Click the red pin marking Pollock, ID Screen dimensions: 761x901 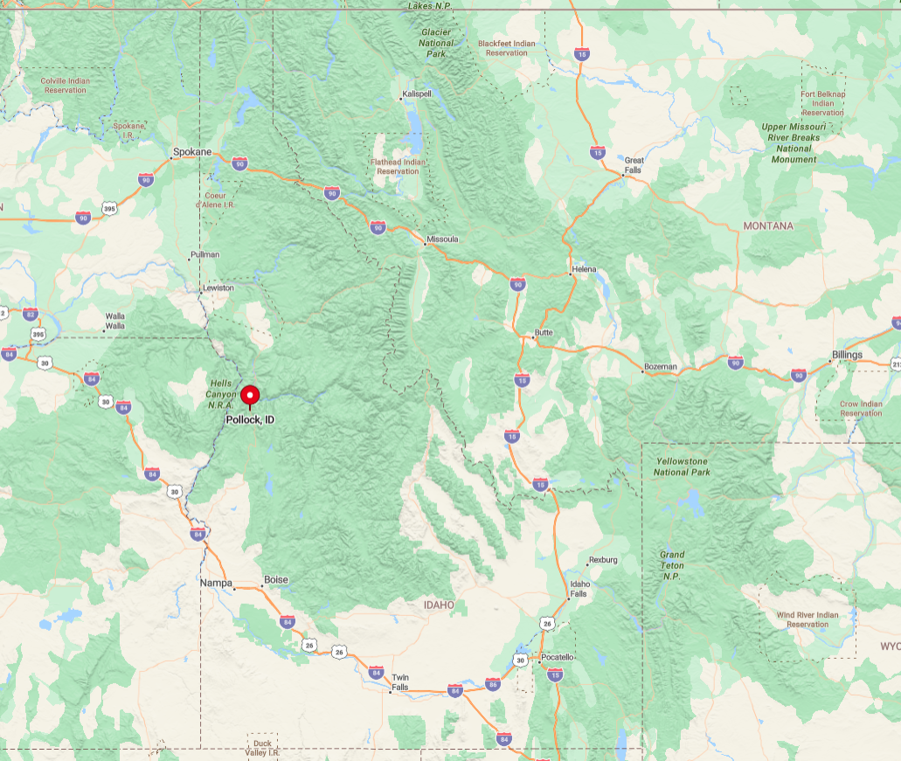click(251, 396)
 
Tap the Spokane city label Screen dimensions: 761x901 click(192, 152)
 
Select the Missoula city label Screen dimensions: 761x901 click(442, 239)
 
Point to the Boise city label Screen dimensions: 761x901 click(276, 580)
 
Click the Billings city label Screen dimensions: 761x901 click(847, 355)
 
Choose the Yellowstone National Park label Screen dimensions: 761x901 click(682, 467)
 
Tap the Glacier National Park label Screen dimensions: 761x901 click(436, 43)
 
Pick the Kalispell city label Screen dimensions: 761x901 click(417, 93)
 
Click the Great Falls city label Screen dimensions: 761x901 click(634, 165)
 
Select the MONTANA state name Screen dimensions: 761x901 click(768, 226)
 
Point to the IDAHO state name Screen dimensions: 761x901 click(439, 605)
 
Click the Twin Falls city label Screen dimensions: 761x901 click(400, 682)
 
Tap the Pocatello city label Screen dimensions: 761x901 click(558, 657)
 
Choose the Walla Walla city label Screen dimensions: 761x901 click(115, 321)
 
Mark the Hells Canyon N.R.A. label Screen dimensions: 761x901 click(220, 394)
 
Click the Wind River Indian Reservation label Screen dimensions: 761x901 click(807, 619)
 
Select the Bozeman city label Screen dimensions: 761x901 click(661, 366)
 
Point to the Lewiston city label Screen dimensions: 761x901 click(218, 287)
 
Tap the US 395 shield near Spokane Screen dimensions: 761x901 click(109, 209)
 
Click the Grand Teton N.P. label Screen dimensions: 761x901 click(672, 565)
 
